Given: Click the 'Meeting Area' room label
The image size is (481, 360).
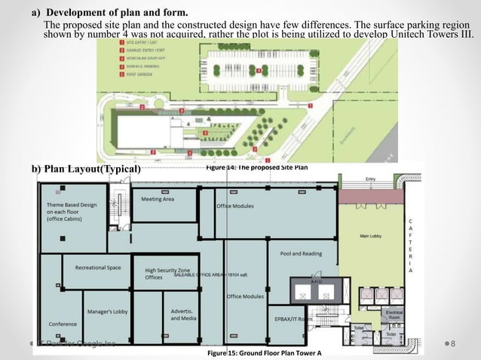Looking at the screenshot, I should click(x=158, y=199).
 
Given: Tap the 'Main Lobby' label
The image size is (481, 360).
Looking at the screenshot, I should click(x=374, y=236).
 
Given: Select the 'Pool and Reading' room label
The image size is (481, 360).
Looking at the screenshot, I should click(x=301, y=254).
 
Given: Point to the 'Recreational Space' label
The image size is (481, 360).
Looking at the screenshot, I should click(x=97, y=267).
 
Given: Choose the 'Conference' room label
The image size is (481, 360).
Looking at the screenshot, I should click(x=63, y=325).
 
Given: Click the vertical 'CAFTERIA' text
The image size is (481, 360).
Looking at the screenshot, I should click(x=411, y=245).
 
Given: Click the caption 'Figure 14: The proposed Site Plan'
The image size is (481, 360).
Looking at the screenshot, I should click(x=257, y=167).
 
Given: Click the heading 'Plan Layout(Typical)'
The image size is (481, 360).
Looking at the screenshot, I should click(x=87, y=169).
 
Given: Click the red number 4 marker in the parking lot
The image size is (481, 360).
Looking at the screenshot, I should click(x=259, y=70).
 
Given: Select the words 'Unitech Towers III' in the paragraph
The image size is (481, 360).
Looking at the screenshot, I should click(x=433, y=35).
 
